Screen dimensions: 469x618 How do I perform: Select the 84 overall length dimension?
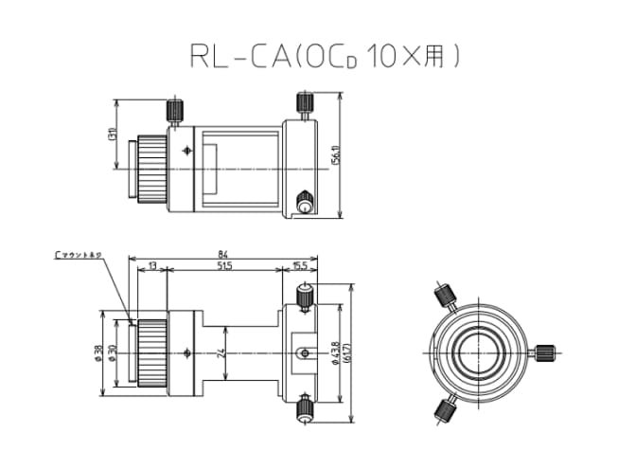tap(223, 253)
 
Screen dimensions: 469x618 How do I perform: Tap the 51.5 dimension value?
tap(223, 268)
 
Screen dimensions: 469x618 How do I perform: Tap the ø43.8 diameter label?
tap(337, 352)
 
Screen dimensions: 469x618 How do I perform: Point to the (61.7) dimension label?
tap(351, 352)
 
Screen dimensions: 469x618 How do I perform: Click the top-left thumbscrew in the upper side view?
tap(175, 110)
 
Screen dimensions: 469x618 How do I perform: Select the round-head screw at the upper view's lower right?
tap(305, 201)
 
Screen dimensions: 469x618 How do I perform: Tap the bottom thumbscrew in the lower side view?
tap(304, 408)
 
